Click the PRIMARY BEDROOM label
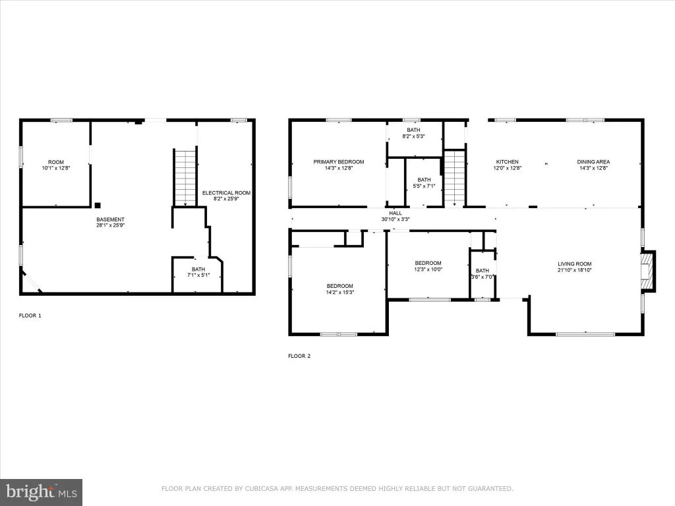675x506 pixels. [338, 162]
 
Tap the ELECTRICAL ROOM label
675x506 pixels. [227, 193]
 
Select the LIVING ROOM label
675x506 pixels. [575, 264]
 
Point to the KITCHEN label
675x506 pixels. [507, 162]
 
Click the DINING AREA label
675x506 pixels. [593, 162]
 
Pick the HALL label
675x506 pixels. [396, 213]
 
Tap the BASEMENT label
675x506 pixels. [110, 219]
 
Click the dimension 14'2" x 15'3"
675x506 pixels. [340, 292]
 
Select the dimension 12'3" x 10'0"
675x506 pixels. [428, 269]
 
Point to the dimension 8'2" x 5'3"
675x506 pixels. [414, 136]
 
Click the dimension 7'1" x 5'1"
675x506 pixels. [198, 275]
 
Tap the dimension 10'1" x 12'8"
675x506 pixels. [56, 168]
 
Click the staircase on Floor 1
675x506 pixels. [185, 177]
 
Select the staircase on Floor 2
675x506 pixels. [455, 178]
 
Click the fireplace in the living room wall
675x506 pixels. [649, 271]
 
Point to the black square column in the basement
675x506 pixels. [98, 206]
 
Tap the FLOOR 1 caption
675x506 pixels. [30, 316]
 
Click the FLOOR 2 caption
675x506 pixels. [299, 356]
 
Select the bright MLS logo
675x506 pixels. [42, 492]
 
